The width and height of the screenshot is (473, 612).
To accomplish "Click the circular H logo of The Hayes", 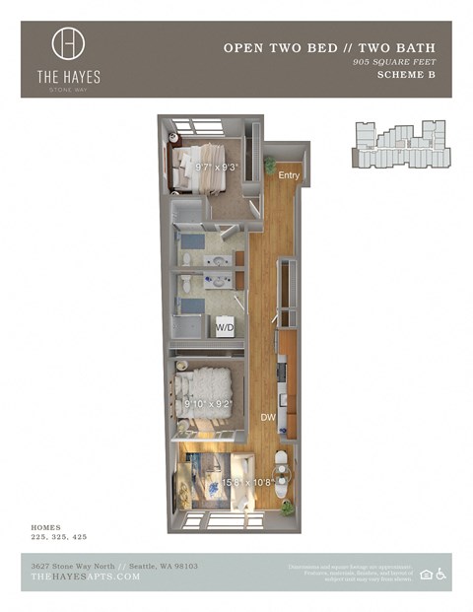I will [x=68, y=43].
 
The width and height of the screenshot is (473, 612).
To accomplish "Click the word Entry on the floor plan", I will [x=289, y=175].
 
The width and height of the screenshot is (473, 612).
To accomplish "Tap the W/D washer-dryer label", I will [x=225, y=327].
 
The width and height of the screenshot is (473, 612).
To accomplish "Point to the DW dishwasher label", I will [x=268, y=417].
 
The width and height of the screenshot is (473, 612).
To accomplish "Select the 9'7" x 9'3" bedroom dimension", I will [x=217, y=168].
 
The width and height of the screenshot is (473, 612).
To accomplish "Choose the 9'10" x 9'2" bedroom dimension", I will [x=209, y=402].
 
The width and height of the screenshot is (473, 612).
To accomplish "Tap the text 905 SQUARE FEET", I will [x=394, y=63].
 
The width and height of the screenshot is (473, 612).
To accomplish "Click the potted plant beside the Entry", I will [x=270, y=165].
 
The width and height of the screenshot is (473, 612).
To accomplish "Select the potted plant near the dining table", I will [x=288, y=508].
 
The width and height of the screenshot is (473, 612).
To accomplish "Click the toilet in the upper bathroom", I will [x=186, y=258].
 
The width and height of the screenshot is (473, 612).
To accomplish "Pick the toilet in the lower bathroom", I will [x=186, y=285].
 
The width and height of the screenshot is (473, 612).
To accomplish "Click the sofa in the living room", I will [x=185, y=484].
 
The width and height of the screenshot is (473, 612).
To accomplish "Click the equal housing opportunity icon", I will [x=426, y=575].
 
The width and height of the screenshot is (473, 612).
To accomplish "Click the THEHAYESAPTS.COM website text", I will [x=86, y=577].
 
